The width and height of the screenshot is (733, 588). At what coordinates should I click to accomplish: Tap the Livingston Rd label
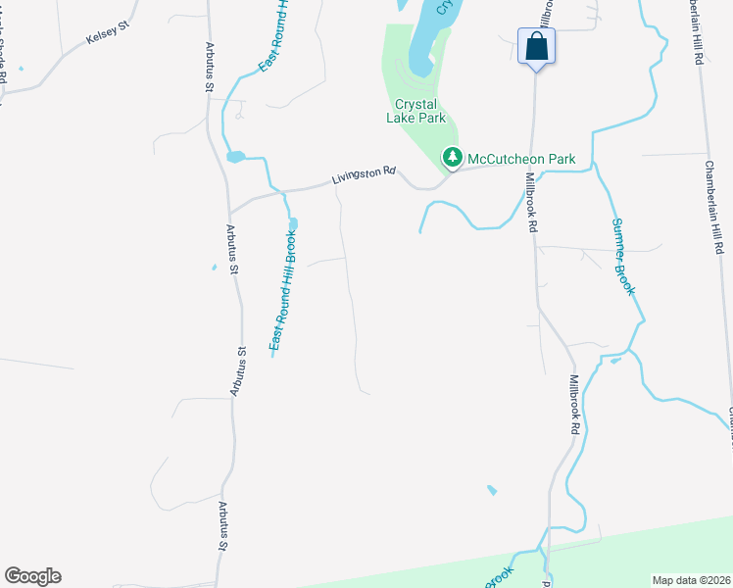pos(363,174)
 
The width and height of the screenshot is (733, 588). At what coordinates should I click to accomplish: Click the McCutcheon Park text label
pos(520,158)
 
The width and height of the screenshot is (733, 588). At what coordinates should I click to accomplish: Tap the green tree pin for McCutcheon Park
pos(452,157)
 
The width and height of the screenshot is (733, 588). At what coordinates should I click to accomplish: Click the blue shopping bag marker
pos(536,46)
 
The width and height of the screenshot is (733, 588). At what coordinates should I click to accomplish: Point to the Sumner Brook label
pos(624,256)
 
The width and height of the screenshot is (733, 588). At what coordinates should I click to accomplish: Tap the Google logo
pos(32,576)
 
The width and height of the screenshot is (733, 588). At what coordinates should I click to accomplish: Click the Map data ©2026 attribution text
pos(690,580)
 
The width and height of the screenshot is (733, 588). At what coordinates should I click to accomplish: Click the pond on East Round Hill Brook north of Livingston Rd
pos(235,157)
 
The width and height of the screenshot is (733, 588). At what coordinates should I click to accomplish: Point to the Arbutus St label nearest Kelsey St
pos(209,68)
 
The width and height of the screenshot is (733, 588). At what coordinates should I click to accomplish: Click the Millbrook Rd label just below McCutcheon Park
pos(532,203)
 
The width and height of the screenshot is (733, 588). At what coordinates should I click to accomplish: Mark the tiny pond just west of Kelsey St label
pos(22,69)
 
